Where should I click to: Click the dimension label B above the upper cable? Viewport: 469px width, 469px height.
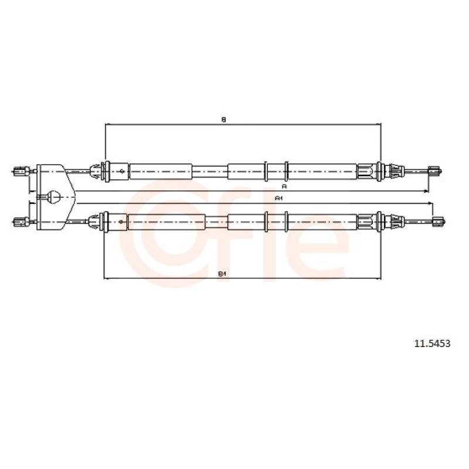[223, 120]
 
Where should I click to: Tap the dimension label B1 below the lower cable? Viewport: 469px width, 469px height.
[222, 273]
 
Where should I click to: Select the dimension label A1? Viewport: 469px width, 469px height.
[279, 198]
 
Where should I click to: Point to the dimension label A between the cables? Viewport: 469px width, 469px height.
[284, 186]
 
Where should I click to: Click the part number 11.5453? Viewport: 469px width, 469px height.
[432, 344]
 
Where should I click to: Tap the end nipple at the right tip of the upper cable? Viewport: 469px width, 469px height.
[435, 171]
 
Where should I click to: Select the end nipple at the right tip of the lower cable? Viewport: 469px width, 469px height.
[439, 222]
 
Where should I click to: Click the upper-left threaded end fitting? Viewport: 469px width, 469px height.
[22, 171]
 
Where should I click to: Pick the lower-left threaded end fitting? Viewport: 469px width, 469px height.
[22, 222]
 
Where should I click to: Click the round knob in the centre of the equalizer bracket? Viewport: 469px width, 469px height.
[54, 197]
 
